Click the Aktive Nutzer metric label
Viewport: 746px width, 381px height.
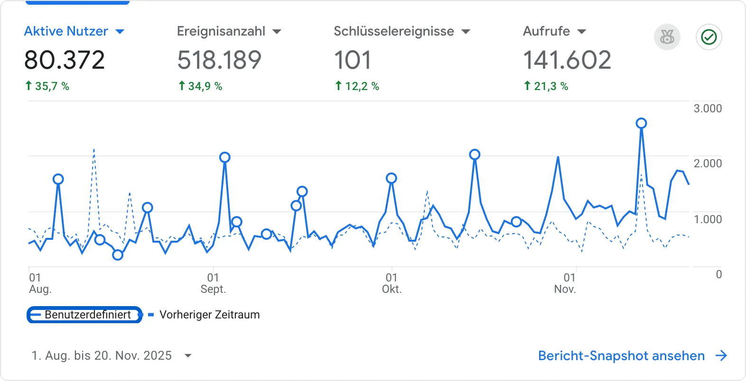(66, 31)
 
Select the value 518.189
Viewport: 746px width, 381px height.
(219, 60)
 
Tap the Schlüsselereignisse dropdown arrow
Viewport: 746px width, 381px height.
(466, 32)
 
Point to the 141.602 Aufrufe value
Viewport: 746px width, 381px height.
(567, 60)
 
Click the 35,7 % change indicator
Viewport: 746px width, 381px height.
(47, 86)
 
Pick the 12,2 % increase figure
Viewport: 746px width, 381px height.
(357, 86)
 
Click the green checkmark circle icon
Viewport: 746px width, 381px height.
(709, 37)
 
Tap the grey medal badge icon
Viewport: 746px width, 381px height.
(667, 37)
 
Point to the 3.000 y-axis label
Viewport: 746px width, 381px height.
(708, 109)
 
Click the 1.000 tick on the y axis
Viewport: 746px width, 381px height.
(708, 219)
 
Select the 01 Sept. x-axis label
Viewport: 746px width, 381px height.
(213, 283)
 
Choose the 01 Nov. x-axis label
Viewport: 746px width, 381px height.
(566, 283)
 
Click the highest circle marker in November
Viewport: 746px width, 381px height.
(641, 123)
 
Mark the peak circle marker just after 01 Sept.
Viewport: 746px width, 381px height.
(225, 157)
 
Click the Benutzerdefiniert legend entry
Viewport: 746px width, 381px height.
(85, 315)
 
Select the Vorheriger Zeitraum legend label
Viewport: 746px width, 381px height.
(209, 315)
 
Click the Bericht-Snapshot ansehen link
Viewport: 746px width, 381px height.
(621, 356)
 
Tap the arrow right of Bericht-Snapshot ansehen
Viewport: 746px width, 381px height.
(721, 355)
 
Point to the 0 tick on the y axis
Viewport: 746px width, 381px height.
(718, 274)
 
